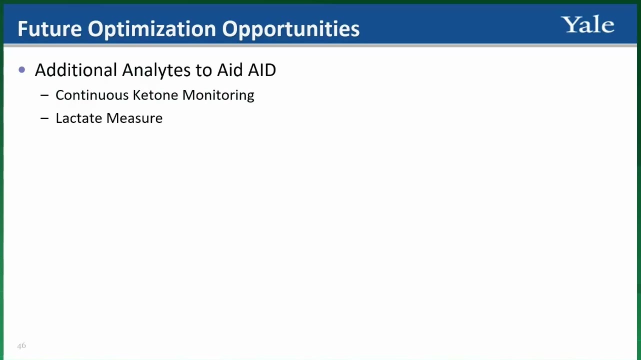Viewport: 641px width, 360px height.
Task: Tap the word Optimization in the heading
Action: [152, 29]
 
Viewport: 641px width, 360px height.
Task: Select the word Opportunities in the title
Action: [290, 29]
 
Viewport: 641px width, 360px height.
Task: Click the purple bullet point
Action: [21, 69]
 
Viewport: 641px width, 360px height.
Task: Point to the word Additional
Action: [76, 70]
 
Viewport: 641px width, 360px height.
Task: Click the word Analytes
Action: [156, 70]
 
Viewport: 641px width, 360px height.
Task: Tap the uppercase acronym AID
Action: [262, 70]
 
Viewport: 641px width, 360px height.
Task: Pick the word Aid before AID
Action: [230, 70]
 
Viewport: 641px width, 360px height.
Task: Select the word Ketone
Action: [155, 95]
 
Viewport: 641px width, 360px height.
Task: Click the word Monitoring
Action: [218, 95]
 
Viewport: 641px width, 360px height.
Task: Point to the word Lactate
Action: [78, 118]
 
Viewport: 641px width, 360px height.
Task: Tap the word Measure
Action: [134, 118]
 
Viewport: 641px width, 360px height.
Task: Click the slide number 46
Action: [21, 345]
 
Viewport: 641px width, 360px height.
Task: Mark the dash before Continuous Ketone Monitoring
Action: [44, 95]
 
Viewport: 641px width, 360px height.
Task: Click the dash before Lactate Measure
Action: [44, 118]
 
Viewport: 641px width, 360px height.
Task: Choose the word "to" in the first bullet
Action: [203, 70]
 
